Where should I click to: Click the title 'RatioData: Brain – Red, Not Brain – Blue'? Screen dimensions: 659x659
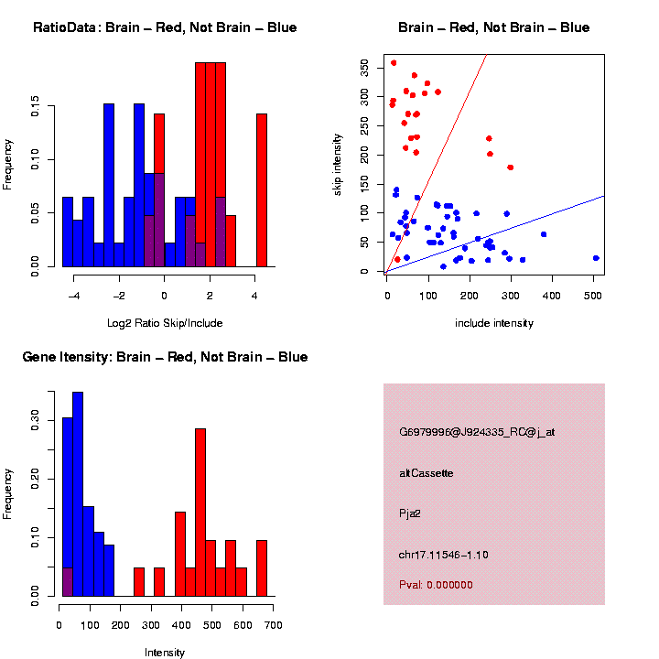point(165,27)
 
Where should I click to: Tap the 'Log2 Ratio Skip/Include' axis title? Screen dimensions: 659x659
point(165,323)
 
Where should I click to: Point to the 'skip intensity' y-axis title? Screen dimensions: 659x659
point(338,163)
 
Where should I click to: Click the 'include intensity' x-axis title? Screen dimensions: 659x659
point(494,323)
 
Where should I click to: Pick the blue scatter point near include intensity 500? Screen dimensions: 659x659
point(596,258)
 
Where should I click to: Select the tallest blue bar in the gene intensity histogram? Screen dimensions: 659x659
point(78,494)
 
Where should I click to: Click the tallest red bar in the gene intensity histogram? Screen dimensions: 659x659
point(200,513)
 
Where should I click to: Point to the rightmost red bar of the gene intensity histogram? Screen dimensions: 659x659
point(262,567)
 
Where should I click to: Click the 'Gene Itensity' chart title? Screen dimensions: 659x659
point(165,357)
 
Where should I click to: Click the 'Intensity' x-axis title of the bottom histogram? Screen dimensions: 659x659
point(165,653)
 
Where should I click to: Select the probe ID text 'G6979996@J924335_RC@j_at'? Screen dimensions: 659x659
point(477,432)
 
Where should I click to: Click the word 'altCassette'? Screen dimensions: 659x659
point(427,473)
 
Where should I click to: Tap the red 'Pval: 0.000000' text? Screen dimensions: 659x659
point(436,585)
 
